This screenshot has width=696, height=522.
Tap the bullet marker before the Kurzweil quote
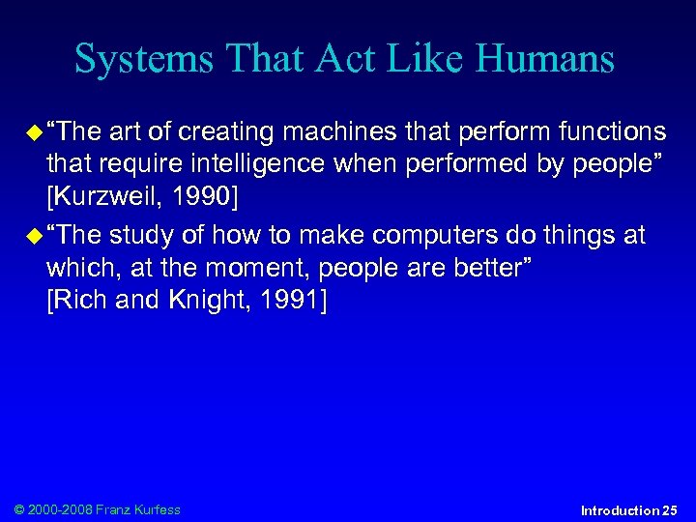[35, 131]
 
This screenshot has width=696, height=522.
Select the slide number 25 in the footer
[669, 510]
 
